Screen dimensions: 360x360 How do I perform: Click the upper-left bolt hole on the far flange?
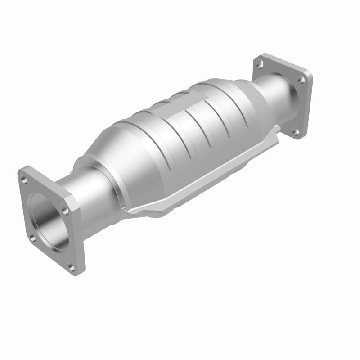(260, 64)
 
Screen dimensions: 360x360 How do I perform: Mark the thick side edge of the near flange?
(76, 234)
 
